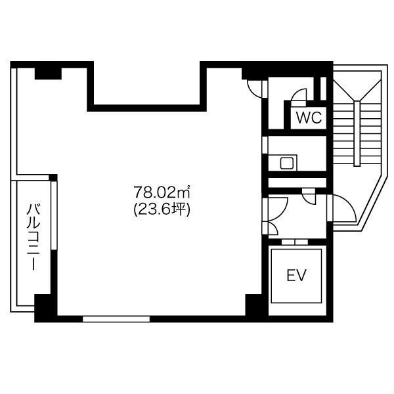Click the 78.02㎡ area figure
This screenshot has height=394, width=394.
162,192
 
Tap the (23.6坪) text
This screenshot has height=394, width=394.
162,209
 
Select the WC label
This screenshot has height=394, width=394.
309,117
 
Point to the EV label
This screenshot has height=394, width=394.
297,275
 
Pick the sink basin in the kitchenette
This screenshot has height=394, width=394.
287,164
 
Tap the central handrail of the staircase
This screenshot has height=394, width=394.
357,133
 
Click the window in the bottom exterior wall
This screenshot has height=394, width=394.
116,319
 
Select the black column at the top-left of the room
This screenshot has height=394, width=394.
48,74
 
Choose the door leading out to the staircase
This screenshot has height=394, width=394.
342,208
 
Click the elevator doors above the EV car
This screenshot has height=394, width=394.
295,242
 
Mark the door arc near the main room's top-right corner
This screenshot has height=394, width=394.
254,89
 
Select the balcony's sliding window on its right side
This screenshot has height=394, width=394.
54,215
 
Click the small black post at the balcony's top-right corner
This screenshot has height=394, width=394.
53,177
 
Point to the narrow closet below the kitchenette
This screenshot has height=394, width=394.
297,183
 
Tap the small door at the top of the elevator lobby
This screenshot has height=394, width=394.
309,197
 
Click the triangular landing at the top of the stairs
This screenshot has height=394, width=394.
357,85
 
